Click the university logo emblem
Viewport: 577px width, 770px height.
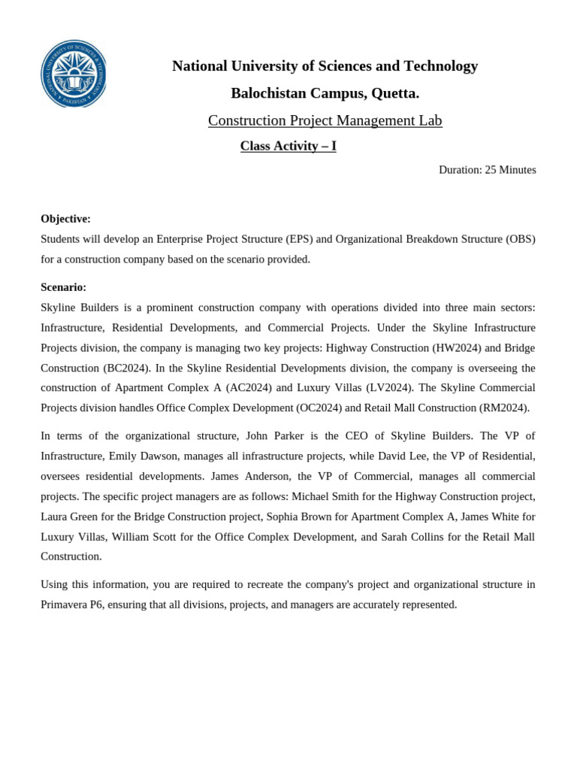click(73, 74)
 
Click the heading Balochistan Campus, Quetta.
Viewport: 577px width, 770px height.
click(325, 93)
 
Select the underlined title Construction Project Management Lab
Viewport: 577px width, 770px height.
click(325, 120)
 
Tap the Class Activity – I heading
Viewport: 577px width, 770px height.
click(288, 146)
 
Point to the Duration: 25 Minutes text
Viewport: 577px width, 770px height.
click(487, 170)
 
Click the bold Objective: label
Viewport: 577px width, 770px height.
click(65, 219)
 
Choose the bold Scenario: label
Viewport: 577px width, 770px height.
click(63, 287)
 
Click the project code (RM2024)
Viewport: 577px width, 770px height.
click(504, 408)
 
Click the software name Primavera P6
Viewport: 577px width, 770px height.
click(72, 605)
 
